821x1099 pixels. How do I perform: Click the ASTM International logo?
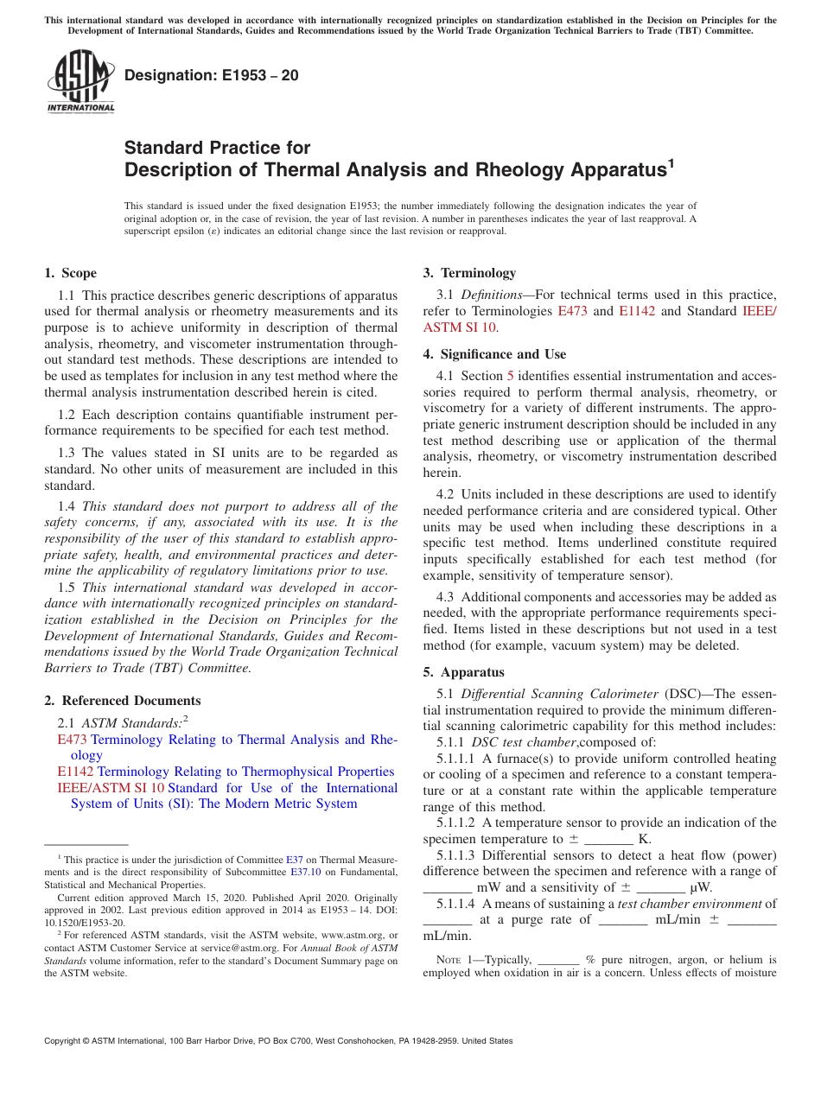(x=80, y=82)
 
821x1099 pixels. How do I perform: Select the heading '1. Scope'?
(x=70, y=273)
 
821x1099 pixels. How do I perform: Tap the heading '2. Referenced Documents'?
(x=123, y=701)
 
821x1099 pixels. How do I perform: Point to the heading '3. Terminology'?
(x=468, y=273)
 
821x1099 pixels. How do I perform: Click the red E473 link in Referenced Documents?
(x=72, y=740)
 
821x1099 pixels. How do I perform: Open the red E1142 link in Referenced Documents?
(x=75, y=772)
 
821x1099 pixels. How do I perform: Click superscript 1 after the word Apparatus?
(x=670, y=162)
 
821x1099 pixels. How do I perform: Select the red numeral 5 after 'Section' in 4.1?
(x=510, y=376)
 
